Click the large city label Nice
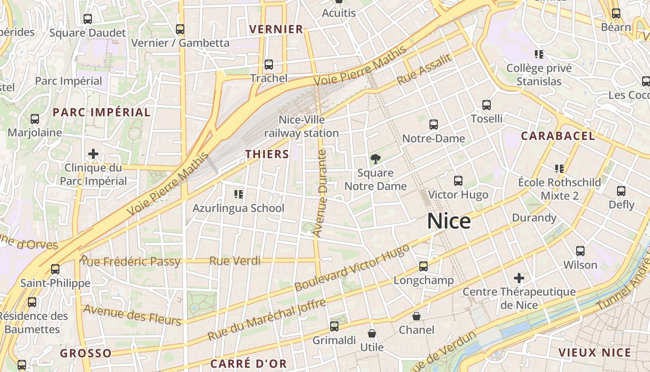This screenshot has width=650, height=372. [448, 221]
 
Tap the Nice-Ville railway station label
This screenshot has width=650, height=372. [302, 126]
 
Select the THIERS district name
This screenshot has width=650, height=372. [267, 154]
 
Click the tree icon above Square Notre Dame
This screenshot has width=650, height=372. [375, 159]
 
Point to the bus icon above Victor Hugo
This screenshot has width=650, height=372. [458, 180]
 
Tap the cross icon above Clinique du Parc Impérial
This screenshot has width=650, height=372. [93, 153]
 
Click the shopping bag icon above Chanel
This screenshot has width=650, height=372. [416, 316]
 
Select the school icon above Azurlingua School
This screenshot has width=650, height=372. [239, 193]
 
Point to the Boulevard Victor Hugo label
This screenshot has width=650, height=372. [352, 267]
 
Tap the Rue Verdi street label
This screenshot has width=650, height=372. [235, 261]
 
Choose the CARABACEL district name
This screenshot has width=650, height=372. [558, 136]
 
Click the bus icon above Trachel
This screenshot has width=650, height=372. [269, 64]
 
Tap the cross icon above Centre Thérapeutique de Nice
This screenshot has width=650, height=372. [519, 278]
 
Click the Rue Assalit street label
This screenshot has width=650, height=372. [424, 70]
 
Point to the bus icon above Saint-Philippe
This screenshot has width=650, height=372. [55, 269]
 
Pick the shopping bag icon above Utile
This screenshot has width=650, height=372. [371, 333]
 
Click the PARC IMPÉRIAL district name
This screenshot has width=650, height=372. [102, 112]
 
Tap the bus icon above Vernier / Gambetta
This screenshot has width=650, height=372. [180, 29]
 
